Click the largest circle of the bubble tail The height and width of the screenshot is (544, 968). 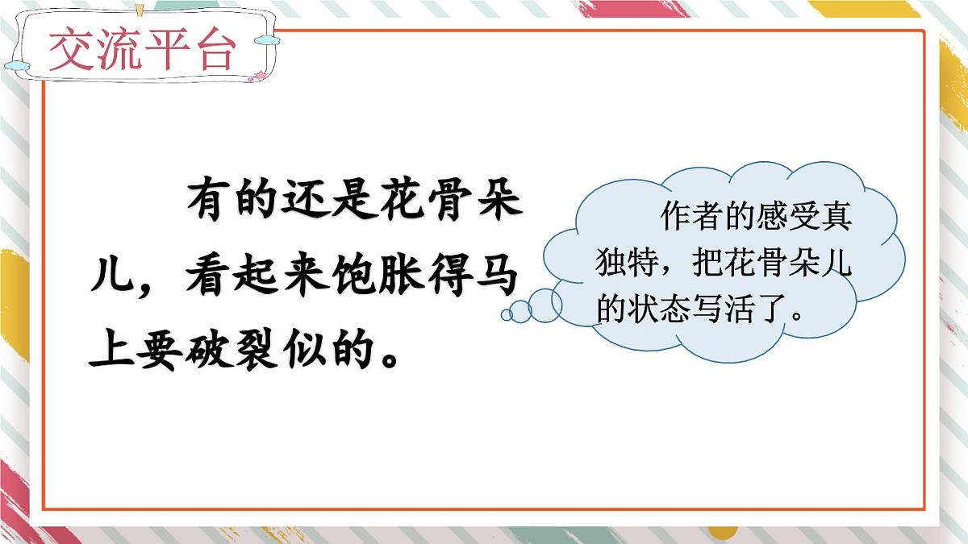[x=544, y=304]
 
